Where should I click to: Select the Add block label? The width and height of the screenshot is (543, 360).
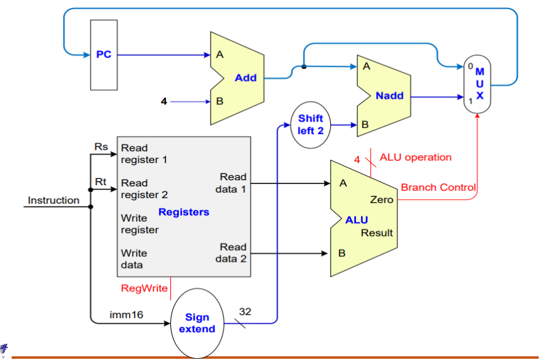tap(245, 78)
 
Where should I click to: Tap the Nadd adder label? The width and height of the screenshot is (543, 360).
tap(389, 96)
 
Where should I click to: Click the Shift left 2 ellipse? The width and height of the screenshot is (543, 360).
tap(310, 125)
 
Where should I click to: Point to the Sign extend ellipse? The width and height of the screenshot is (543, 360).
tap(197, 323)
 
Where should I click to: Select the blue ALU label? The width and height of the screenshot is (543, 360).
tap(357, 220)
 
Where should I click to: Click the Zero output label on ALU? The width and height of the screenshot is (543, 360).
tap(381, 200)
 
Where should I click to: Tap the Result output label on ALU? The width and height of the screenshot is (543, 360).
tap(377, 233)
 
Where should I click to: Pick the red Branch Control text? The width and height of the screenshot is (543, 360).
tap(438, 187)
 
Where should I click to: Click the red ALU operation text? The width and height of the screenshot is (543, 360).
tap(415, 157)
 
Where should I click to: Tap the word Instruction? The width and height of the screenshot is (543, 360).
tap(54, 200)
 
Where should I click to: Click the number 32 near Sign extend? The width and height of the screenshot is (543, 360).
tap(245, 312)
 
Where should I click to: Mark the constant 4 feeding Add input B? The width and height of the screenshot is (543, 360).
tap(164, 101)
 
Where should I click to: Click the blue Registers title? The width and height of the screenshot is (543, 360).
tap(184, 212)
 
